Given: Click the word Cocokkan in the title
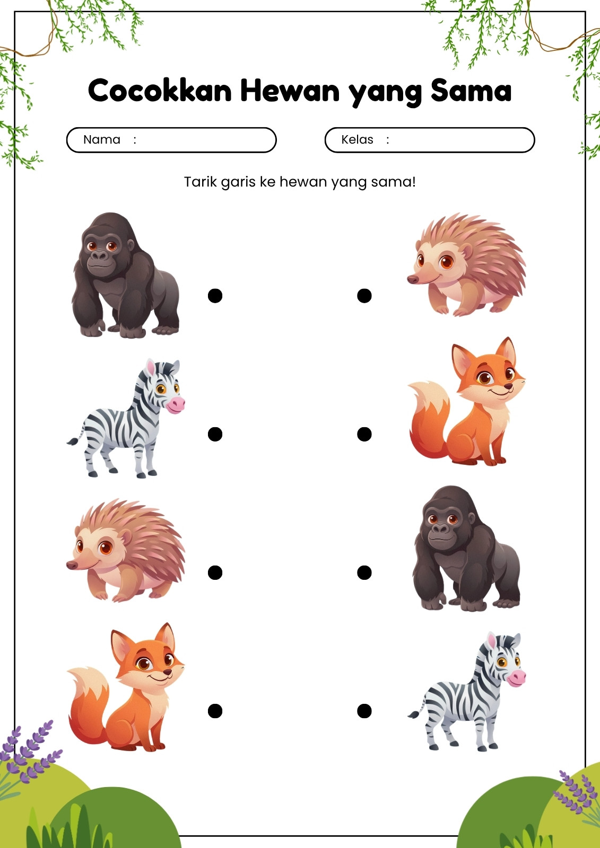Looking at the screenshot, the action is (x=160, y=91).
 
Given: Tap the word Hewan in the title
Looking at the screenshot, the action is (x=290, y=91).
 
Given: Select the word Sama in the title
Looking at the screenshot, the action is (x=471, y=91).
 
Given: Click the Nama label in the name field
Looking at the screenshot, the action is (x=101, y=140).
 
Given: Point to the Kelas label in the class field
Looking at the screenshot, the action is (x=357, y=140).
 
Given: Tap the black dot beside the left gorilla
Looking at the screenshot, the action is (x=215, y=296).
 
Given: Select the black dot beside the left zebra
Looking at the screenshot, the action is (x=215, y=434).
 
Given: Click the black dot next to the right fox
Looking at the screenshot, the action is (x=364, y=434).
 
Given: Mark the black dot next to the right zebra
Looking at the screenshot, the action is (x=364, y=711).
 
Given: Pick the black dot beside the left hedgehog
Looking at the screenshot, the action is (x=215, y=572).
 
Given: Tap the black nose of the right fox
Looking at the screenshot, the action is (x=509, y=386).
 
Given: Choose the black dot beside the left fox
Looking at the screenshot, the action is (x=215, y=711).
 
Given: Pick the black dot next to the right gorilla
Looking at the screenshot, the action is (x=364, y=572).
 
